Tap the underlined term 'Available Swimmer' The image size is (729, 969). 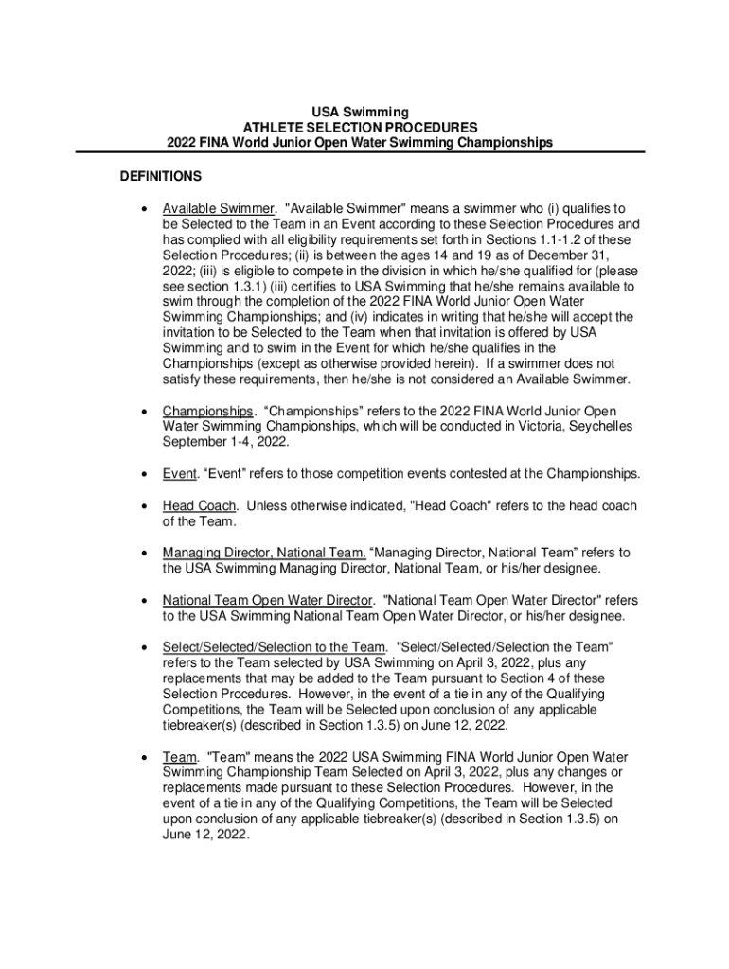coord(219,208)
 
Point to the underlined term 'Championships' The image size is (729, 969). coord(208,411)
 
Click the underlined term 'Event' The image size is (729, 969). coord(180,473)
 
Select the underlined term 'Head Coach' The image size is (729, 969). coord(200,505)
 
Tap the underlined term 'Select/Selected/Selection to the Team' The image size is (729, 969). coord(275,646)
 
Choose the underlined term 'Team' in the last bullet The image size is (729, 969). coord(179,757)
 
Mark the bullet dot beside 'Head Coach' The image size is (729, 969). coord(142,506)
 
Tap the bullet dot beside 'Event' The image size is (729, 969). coord(142,474)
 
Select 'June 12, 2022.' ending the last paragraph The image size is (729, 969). coord(205,836)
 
